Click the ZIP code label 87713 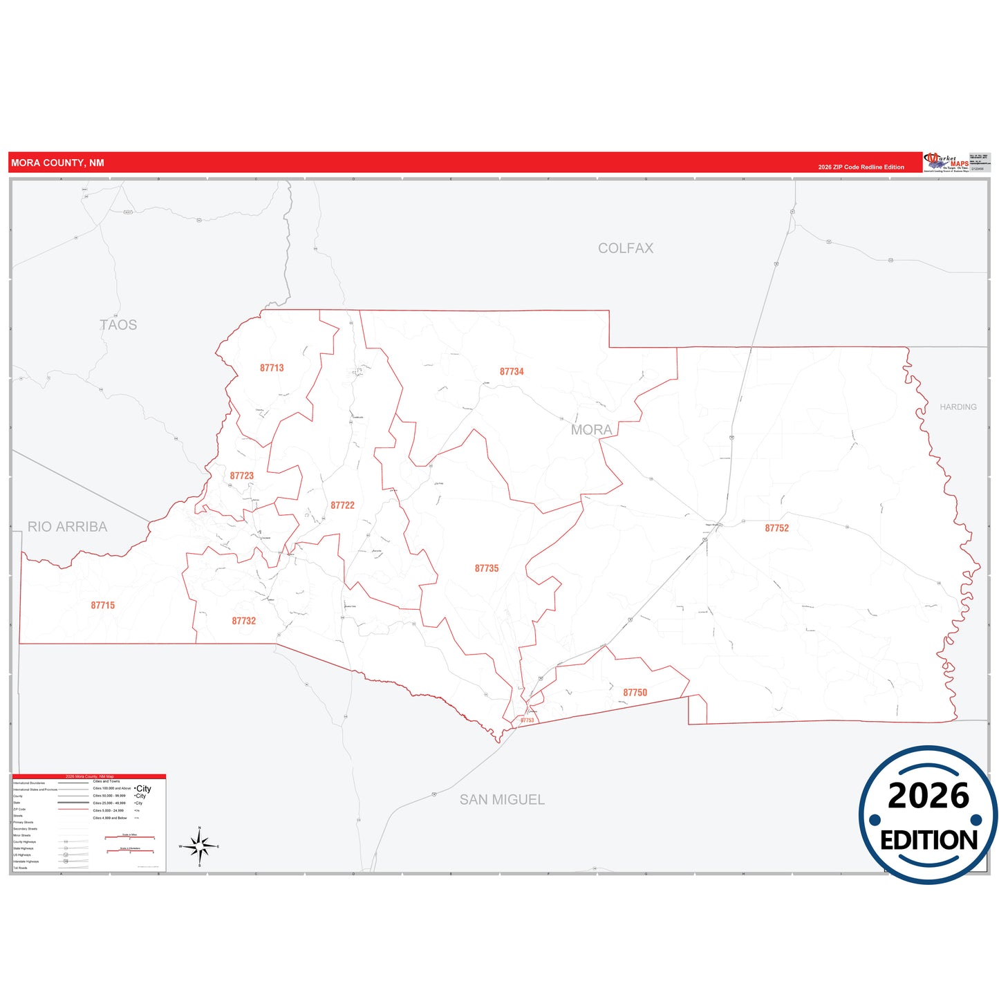click(x=272, y=368)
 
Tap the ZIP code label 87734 click(x=512, y=371)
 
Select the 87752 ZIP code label click(x=776, y=527)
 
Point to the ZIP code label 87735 click(x=487, y=568)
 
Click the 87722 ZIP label click(x=342, y=505)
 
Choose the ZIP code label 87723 click(x=242, y=476)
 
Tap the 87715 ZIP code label click(x=103, y=605)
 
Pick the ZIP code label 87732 click(x=244, y=621)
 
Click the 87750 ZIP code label click(x=635, y=692)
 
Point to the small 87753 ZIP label click(x=527, y=720)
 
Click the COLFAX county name click(x=625, y=248)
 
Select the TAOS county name click(x=118, y=324)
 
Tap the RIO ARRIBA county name click(x=67, y=527)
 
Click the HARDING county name click(x=958, y=407)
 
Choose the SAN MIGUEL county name click(x=502, y=799)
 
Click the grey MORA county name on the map click(x=591, y=429)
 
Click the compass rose click(x=200, y=846)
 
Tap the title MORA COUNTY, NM click(x=57, y=163)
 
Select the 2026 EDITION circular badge click(x=928, y=814)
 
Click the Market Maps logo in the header click(x=946, y=162)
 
